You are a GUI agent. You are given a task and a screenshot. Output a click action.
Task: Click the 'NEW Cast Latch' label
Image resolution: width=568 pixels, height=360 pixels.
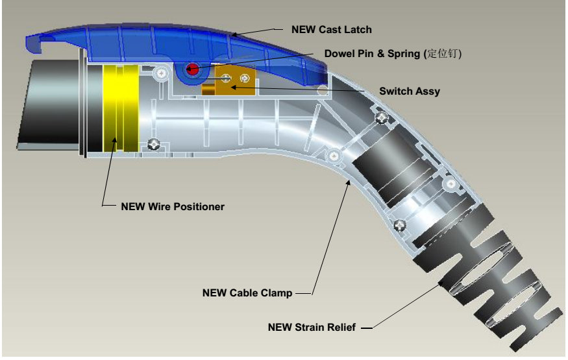tap(331, 29)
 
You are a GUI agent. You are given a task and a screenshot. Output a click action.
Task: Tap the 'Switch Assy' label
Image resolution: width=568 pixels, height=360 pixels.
tap(409, 91)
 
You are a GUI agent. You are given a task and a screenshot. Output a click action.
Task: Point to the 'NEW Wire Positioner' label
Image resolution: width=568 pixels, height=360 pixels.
tap(173, 207)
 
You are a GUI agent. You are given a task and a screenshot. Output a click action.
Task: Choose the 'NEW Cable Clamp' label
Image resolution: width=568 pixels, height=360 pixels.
tap(247, 293)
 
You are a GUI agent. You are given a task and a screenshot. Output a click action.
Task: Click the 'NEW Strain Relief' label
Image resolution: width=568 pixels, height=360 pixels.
tap(312, 327)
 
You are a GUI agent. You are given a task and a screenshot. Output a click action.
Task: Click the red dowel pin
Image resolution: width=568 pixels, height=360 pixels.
tap(192, 67)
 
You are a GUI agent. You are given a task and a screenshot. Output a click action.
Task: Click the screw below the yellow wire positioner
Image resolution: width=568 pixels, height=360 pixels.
tap(154, 144)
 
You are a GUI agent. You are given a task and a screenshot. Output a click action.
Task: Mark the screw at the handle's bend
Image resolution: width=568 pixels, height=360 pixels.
tap(333, 156)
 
